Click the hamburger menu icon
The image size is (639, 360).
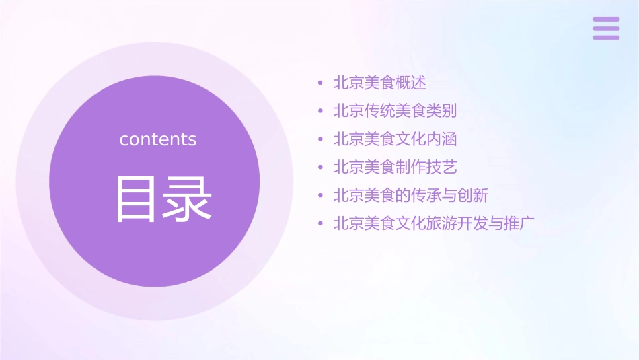[606, 28]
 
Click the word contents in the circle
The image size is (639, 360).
[158, 139]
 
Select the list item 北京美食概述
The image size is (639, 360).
[380, 83]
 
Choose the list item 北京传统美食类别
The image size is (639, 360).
[396, 111]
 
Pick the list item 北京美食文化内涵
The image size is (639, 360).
[396, 139]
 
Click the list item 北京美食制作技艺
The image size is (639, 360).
[396, 168]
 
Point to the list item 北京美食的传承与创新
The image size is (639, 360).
[411, 196]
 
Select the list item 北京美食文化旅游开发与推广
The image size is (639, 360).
[434, 223]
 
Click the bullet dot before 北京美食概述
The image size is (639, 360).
[321, 84]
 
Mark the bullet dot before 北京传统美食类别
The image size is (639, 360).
[321, 112]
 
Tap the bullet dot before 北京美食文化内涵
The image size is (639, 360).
[321, 140]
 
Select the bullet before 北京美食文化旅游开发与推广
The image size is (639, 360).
[321, 224]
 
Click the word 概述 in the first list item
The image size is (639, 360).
[411, 83]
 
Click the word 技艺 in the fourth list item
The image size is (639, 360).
[442, 168]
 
